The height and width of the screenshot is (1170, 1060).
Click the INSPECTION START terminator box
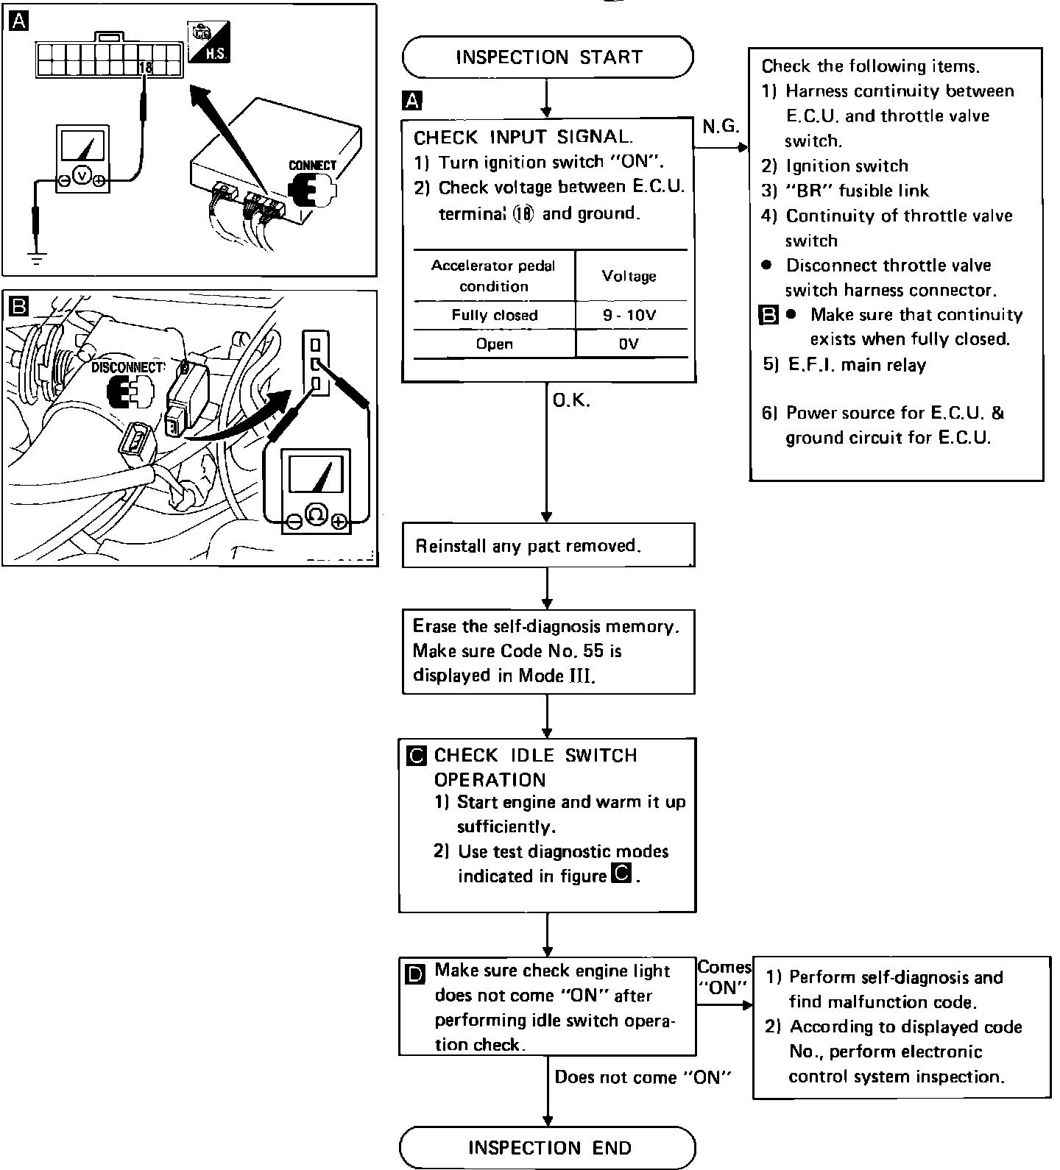[548, 57]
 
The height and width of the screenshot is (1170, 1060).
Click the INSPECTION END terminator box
[548, 1147]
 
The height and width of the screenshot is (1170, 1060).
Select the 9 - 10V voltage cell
[629, 316]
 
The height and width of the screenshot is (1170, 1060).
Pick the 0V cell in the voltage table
[629, 344]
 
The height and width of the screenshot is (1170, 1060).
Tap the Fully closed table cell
[494, 316]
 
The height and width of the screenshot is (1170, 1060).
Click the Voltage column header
[629, 276]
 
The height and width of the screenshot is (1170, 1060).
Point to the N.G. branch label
[720, 127]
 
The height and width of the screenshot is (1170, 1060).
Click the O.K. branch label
[571, 401]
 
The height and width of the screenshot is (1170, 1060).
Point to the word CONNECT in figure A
[312, 166]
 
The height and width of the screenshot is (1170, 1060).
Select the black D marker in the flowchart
[415, 975]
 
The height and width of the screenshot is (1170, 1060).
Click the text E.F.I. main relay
[857, 365]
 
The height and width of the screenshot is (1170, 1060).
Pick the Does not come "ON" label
[643, 1077]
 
